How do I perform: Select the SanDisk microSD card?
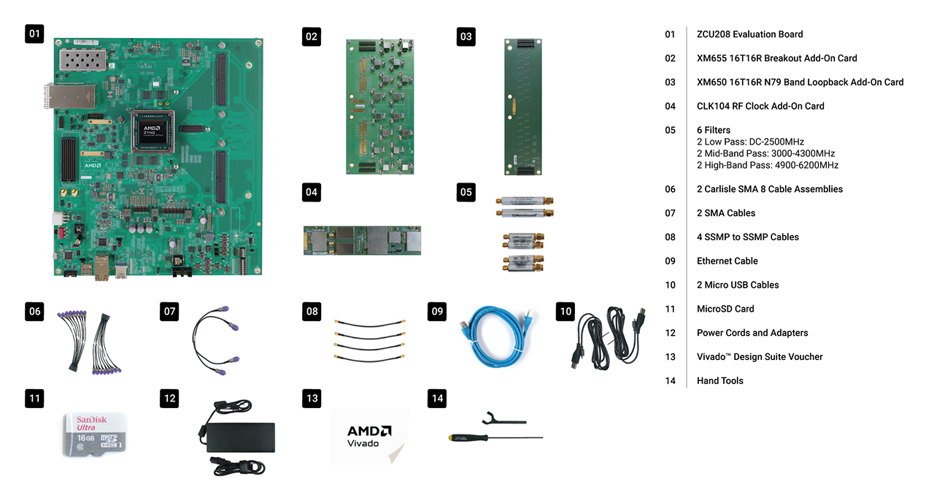96,435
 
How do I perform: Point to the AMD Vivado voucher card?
368,436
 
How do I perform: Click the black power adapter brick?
242,437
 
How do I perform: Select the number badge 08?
312,312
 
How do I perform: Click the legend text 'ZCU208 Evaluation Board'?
749,34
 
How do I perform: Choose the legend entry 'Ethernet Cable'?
727,261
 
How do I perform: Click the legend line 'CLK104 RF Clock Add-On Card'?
760,106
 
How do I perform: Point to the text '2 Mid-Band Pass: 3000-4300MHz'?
765,153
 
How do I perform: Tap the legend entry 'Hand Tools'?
719,380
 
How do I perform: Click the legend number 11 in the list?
670,309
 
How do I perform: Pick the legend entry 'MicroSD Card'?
725,309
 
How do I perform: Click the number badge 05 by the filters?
466,193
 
